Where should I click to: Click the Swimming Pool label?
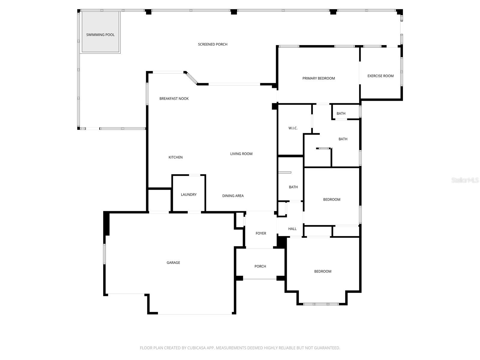(100, 35)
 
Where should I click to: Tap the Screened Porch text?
(212, 44)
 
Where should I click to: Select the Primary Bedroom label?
(318, 78)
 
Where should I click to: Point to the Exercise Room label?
(380, 76)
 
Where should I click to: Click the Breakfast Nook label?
(174, 99)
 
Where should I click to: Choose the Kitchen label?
(175, 157)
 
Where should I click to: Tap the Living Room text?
(241, 154)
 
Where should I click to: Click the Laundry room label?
(188, 195)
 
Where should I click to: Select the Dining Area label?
(233, 196)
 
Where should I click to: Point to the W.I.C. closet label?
(293, 128)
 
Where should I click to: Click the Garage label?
(173, 263)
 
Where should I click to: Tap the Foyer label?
(261, 233)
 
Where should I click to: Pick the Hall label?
(292, 229)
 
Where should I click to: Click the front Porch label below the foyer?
(260, 266)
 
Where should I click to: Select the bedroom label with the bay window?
(322, 271)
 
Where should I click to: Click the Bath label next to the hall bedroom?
(293, 187)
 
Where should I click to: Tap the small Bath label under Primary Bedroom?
(341, 113)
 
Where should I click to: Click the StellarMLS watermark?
(465, 180)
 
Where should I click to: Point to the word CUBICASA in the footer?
(196, 348)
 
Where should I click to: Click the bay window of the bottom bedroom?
(321, 304)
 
